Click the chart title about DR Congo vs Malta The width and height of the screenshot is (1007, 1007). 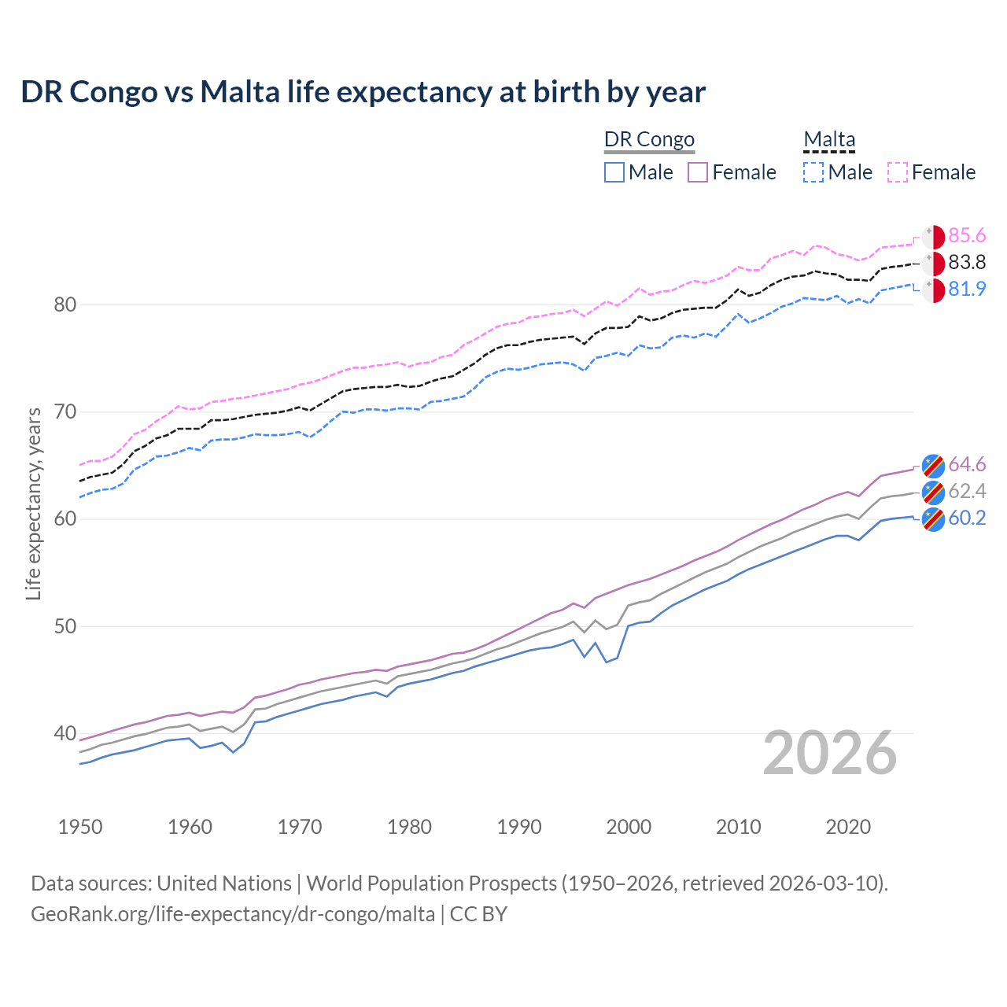point(363,92)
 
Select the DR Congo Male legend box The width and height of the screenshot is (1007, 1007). point(614,172)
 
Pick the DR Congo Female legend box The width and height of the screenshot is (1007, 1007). point(698,172)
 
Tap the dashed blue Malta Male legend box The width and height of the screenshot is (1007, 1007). point(813,172)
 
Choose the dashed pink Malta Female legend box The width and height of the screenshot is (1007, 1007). point(898,172)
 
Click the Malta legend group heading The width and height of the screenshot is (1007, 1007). point(829,139)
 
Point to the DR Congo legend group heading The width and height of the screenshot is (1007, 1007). point(649,139)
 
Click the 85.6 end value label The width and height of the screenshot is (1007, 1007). point(967,236)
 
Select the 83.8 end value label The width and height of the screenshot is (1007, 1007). point(967,263)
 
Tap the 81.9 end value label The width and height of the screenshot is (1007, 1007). point(967,290)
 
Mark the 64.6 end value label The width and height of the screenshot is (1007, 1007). point(967,465)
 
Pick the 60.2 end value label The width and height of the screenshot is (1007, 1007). point(967,518)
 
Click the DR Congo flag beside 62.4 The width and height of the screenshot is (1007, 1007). point(933,492)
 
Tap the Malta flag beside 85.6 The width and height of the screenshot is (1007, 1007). point(933,237)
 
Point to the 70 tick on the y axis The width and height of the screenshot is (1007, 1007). point(65,411)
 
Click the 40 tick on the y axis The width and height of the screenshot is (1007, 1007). point(65,733)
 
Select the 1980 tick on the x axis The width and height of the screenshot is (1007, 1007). point(409,827)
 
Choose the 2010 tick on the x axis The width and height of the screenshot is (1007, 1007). point(738,827)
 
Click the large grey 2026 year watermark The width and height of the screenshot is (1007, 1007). point(830,754)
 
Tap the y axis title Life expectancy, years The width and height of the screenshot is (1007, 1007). point(34,503)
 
